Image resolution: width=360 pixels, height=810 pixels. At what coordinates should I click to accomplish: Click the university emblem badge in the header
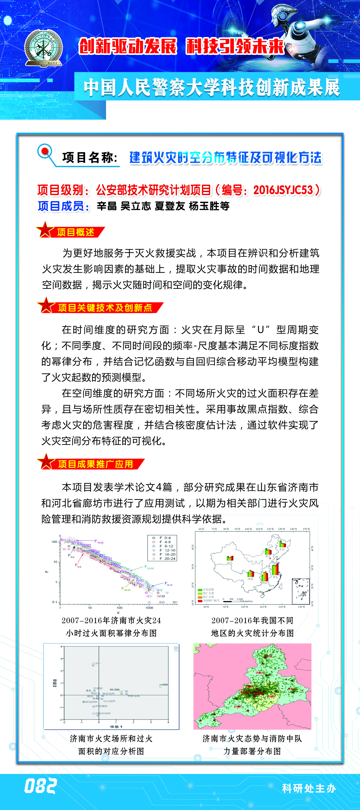(43, 48)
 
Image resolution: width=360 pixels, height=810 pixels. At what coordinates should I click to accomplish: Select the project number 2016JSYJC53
(283, 190)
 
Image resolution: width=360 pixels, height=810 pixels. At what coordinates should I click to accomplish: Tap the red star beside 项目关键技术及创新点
(46, 306)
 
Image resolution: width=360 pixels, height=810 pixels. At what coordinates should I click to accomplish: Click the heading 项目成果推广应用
(95, 464)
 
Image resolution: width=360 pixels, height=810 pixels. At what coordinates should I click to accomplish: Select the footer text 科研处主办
(309, 788)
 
